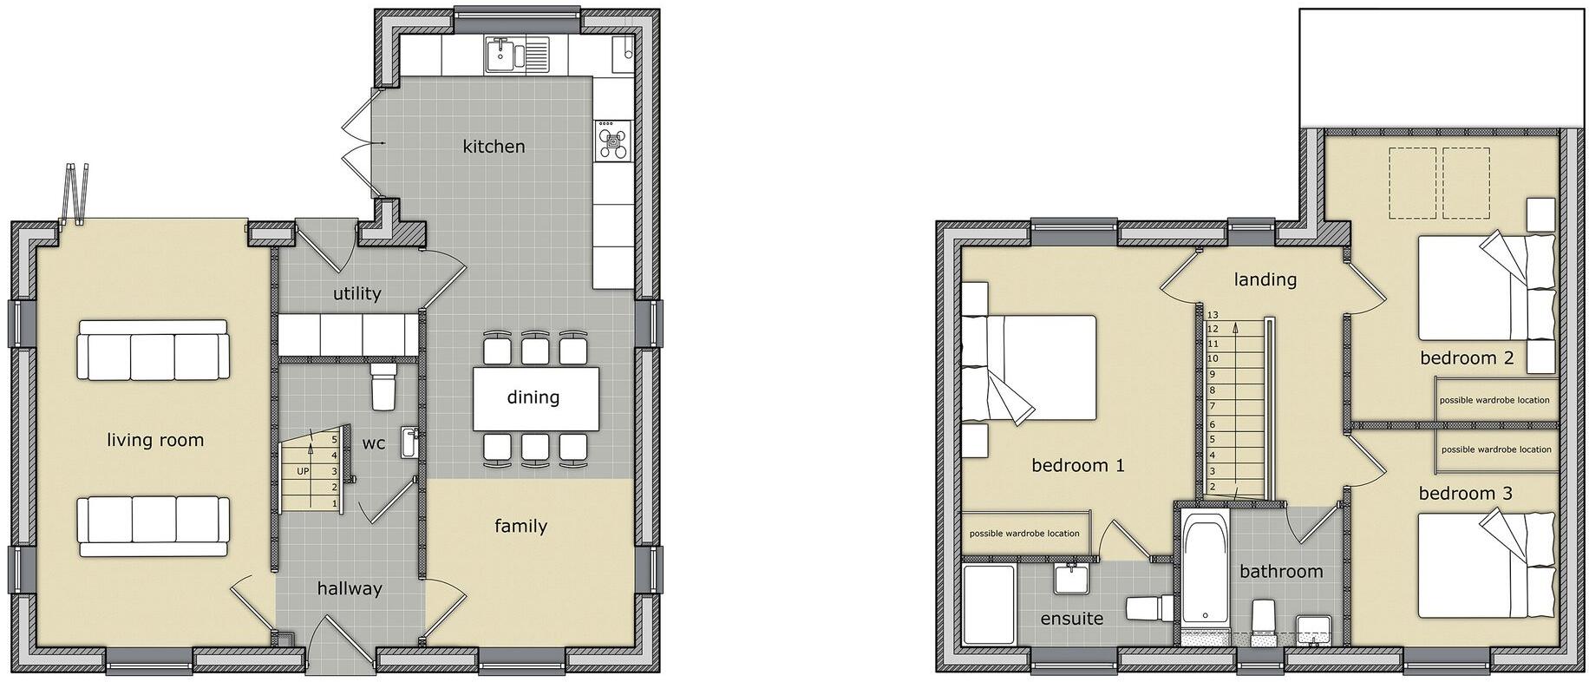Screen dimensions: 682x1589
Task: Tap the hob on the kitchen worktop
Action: [x=615, y=140]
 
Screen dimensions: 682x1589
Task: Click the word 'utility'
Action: [x=356, y=293]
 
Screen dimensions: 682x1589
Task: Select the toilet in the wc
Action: [x=383, y=385]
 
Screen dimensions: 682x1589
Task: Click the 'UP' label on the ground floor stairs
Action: [x=303, y=471]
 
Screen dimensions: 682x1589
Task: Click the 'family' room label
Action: [x=520, y=526]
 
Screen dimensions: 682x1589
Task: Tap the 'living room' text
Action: [x=155, y=440]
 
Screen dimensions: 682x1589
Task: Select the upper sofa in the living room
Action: [x=154, y=350]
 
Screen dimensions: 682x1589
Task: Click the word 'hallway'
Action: [x=349, y=588]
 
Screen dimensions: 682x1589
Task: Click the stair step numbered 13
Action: [x=1213, y=315]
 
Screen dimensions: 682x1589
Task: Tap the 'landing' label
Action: [x=1265, y=279]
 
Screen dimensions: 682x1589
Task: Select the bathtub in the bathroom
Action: [x=1206, y=568]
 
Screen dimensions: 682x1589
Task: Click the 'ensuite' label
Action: [x=1071, y=619]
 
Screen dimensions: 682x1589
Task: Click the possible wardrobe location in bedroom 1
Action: [x=1024, y=533]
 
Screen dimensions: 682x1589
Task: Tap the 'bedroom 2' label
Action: [x=1466, y=357]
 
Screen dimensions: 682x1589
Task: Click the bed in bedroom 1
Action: [x=1032, y=368]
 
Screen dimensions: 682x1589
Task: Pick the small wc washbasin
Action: [x=409, y=442]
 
